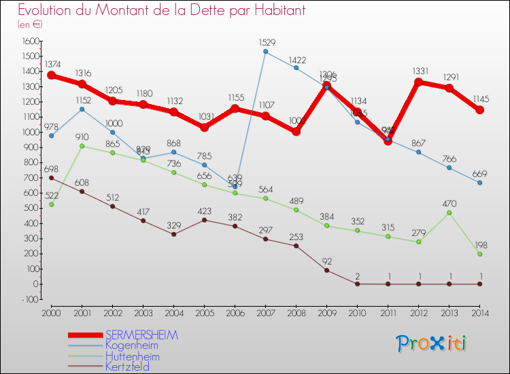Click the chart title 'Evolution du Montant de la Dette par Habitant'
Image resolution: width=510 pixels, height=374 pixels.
coord(162,10)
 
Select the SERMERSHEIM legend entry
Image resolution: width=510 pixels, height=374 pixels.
coord(141,335)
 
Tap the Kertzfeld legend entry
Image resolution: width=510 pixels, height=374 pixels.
coord(127,367)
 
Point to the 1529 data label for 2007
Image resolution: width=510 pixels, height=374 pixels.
coord(266,43)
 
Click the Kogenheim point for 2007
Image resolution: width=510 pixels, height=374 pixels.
coord(266,52)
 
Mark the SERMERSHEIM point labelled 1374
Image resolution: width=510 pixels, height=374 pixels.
coord(52,75)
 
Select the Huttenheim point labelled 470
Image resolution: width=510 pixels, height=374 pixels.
coord(449,212)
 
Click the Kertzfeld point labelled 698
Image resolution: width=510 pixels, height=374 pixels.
coord(52,177)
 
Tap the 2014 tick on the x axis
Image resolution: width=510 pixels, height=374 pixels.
coord(480,312)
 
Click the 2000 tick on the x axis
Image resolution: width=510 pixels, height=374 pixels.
coord(52,312)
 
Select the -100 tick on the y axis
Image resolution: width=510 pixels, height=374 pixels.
coord(29,299)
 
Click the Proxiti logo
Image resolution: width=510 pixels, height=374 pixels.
coord(431,343)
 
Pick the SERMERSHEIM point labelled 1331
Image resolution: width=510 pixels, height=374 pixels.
coord(419,82)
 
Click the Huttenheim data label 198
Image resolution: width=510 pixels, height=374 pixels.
coord(480,245)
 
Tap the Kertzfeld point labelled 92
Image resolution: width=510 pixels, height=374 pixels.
coord(327,270)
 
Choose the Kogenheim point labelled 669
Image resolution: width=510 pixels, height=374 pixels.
coord(480,182)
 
